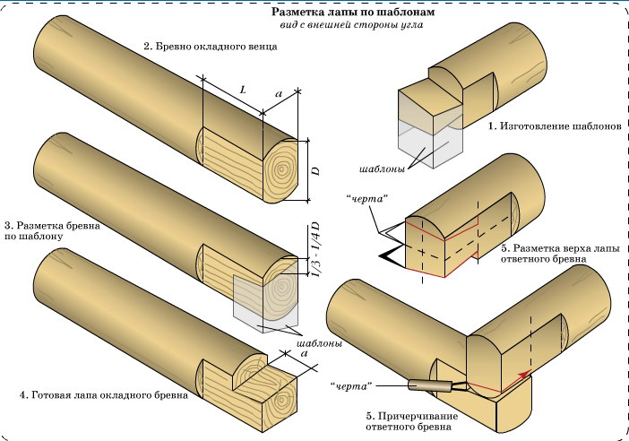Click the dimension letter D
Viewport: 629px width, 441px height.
click(x=315, y=169)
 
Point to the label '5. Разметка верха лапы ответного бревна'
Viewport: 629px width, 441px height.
click(x=547, y=253)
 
